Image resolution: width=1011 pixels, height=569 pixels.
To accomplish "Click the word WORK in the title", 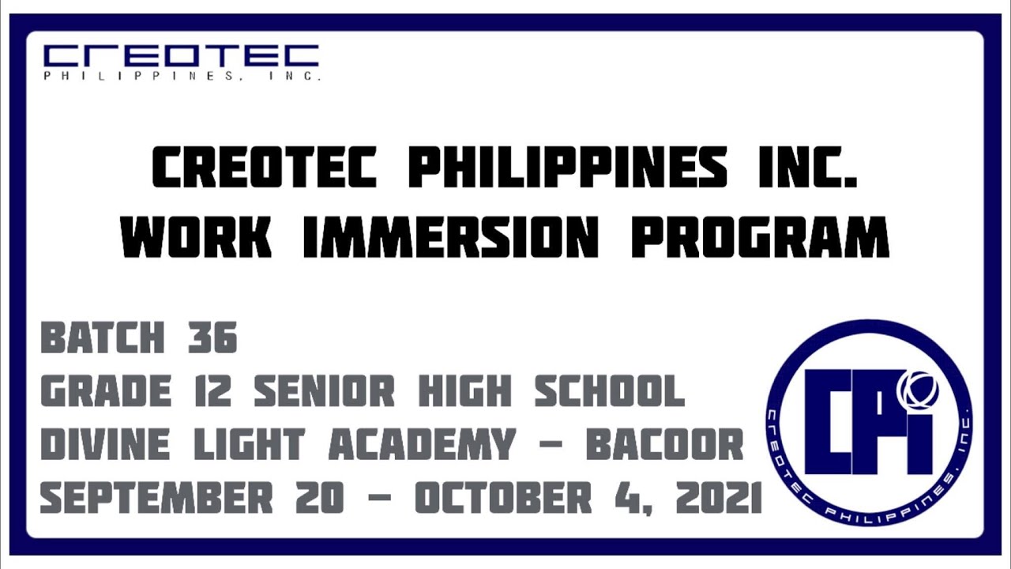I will (x=197, y=236).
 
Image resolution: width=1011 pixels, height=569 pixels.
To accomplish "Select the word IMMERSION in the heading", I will (x=449, y=236).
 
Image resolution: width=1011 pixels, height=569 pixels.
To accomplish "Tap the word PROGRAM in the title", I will (x=760, y=236).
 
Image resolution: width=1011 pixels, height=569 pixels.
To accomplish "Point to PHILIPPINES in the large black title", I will (x=567, y=168).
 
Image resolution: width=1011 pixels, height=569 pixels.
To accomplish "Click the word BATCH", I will (x=103, y=338).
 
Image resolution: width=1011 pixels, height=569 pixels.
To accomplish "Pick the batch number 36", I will (x=212, y=338).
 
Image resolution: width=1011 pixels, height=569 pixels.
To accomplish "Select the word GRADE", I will (x=106, y=392).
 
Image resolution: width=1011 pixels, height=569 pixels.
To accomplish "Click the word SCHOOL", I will (x=609, y=392).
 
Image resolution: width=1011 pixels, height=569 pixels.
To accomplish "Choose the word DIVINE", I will (x=105, y=446).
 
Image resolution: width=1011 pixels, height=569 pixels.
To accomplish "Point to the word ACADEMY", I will (x=422, y=446).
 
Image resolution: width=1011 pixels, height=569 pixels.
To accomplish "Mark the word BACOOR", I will (x=664, y=446).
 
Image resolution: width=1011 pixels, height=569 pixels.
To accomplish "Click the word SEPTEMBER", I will (x=156, y=498).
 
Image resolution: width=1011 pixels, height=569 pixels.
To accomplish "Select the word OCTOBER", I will (x=503, y=498).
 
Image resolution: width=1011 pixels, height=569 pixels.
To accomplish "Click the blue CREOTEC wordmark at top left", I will (x=181, y=56).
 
